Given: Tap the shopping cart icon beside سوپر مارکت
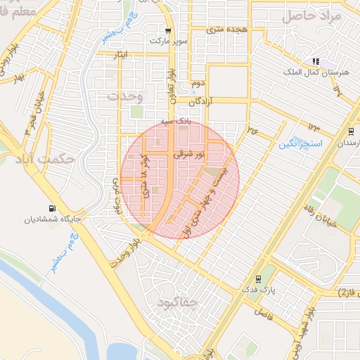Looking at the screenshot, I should [168, 31].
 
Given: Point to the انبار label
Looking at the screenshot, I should [122, 55].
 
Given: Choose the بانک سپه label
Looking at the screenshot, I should [176, 122].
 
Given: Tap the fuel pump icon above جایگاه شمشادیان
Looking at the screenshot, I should [53, 207].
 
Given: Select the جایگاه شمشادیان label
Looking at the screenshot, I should [53, 219].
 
